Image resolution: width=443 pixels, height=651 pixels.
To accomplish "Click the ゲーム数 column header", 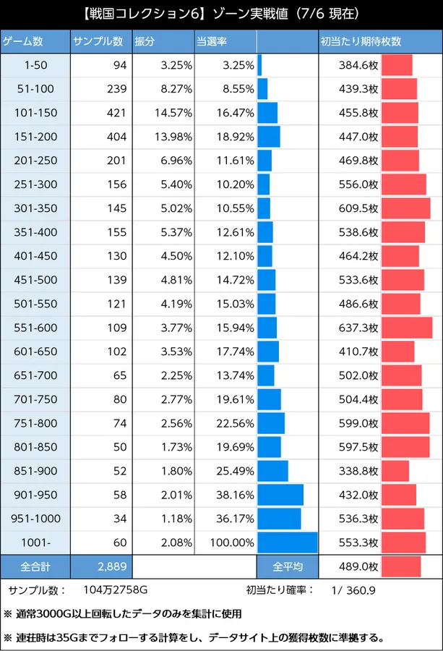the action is (x=23, y=41).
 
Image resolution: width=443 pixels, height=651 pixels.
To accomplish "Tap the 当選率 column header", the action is (x=212, y=41).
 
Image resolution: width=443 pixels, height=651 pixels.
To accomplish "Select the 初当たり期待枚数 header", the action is (x=361, y=41).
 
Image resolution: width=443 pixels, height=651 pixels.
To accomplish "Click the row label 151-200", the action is (x=35, y=137).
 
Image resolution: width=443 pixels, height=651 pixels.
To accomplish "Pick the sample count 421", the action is (x=116, y=113).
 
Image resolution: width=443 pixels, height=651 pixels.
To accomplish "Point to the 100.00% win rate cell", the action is (x=232, y=542).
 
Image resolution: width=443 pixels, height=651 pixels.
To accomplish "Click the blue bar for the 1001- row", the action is (x=288, y=542).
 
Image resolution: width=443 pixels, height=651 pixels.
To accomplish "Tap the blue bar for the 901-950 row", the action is (x=280, y=495).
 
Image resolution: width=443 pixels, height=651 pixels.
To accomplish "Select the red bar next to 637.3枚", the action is (x=407, y=328).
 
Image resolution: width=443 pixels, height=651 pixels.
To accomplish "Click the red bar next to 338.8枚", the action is (x=395, y=471).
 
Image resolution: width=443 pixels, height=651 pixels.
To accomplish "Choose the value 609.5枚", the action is (x=358, y=208).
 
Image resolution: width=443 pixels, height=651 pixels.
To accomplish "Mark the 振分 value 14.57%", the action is (x=173, y=113).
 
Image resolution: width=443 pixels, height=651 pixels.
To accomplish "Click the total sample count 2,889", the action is (x=112, y=566).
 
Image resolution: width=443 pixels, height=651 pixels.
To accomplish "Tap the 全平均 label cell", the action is (x=288, y=566).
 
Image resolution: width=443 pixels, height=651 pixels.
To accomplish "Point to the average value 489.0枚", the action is (x=358, y=566).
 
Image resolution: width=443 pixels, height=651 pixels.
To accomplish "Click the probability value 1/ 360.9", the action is (x=353, y=590).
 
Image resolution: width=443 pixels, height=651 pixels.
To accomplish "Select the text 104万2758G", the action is (x=116, y=590).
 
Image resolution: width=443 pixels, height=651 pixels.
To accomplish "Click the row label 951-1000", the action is (x=35, y=519).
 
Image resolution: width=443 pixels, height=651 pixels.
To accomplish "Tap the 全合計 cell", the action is (x=35, y=566).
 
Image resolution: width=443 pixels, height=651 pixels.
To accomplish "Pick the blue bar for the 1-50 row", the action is (x=259, y=65).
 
